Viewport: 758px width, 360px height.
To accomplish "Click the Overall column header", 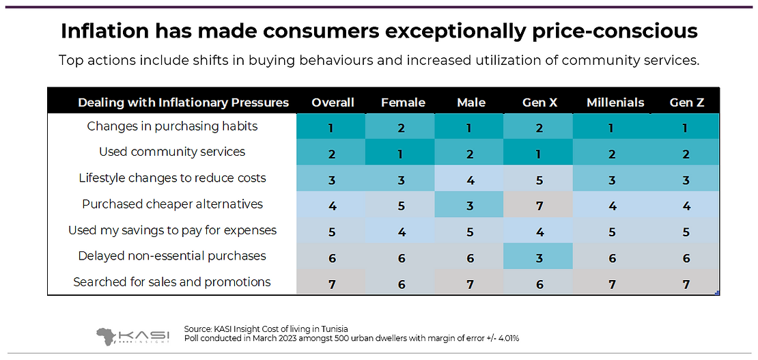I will click(333, 102).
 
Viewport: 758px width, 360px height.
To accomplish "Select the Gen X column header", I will click(539, 102).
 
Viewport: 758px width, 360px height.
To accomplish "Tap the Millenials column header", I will click(615, 102).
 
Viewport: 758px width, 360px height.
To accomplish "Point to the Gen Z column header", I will click(686, 102).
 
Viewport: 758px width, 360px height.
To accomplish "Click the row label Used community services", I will click(172, 152).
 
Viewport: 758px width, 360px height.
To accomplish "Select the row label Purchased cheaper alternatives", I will click(172, 204).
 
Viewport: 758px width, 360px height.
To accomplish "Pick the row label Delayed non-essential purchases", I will click(172, 255).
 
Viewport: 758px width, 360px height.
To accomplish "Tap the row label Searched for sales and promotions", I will click(172, 281).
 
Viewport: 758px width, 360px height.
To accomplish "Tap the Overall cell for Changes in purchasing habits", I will click(332, 126).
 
